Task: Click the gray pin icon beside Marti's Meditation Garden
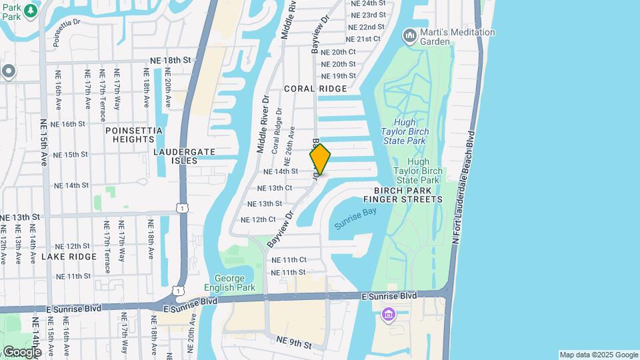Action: click(x=409, y=33)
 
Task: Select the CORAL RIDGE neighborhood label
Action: click(x=315, y=89)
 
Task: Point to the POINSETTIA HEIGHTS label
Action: click(x=129, y=135)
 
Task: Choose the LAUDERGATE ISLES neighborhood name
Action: click(x=185, y=156)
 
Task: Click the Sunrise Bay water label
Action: click(x=355, y=219)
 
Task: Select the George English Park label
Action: click(x=235, y=283)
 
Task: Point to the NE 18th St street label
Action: click(x=171, y=60)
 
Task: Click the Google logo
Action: click(x=21, y=351)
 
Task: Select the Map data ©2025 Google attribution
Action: click(x=598, y=355)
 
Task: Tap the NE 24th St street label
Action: click(x=368, y=3)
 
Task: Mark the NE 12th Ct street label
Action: click(x=258, y=219)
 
